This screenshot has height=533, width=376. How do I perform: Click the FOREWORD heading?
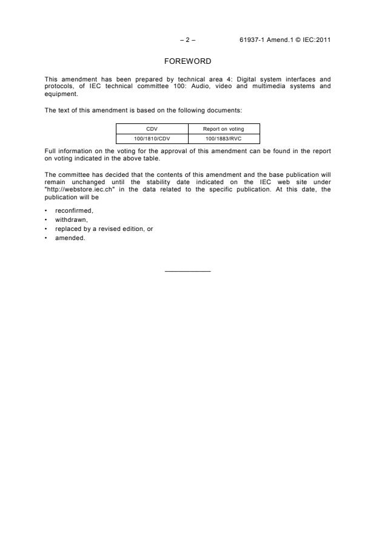coord(188,61)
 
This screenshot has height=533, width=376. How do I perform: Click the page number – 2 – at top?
coord(188,40)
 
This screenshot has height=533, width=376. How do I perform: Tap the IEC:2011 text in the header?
coord(316,40)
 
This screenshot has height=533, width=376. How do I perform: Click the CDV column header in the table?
coord(152,129)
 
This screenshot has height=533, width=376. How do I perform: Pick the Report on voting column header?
coord(224,129)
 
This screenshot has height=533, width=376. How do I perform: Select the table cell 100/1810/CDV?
coord(152,139)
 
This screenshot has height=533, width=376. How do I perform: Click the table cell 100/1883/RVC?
coord(224,139)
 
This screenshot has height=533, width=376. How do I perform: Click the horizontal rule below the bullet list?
coord(188,270)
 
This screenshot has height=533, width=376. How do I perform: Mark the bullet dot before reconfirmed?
coord(47,210)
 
